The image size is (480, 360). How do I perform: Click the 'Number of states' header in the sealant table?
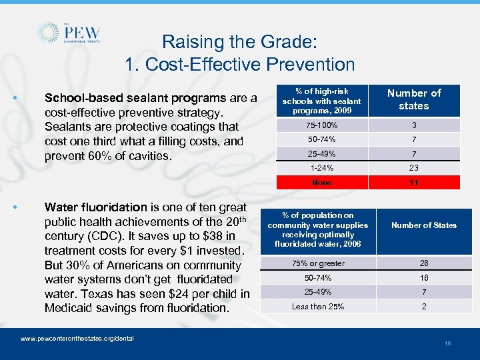(x=413, y=99)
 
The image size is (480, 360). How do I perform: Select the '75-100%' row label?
(x=321, y=125)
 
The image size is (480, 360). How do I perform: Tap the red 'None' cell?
(x=321, y=183)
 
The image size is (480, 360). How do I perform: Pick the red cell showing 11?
(x=413, y=183)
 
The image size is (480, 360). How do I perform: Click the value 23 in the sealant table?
(x=413, y=168)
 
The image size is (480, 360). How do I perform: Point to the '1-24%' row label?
(x=321, y=168)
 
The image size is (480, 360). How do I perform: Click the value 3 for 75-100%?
(x=413, y=125)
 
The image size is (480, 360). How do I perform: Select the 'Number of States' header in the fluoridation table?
(x=424, y=225)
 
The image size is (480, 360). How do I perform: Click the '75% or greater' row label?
(x=318, y=263)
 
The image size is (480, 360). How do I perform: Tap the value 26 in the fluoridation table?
(x=424, y=263)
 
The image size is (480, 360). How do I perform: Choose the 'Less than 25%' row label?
(x=318, y=307)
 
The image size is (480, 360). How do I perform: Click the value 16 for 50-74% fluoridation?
(x=424, y=277)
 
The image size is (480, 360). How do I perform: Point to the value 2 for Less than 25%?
(x=424, y=307)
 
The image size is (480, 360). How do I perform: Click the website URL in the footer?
(x=77, y=339)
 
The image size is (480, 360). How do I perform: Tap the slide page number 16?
(x=447, y=343)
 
